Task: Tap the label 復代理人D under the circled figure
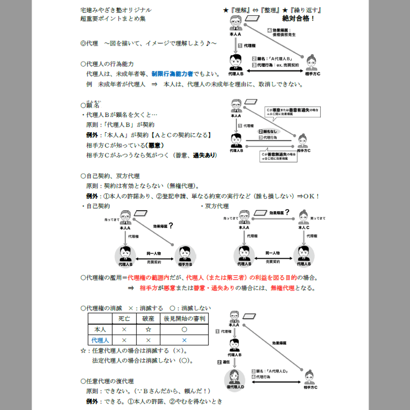235,395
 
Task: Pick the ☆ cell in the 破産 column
148,329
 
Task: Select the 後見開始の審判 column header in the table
184,318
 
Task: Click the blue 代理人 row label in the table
100,340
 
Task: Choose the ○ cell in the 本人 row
184,329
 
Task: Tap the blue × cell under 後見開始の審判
184,340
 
